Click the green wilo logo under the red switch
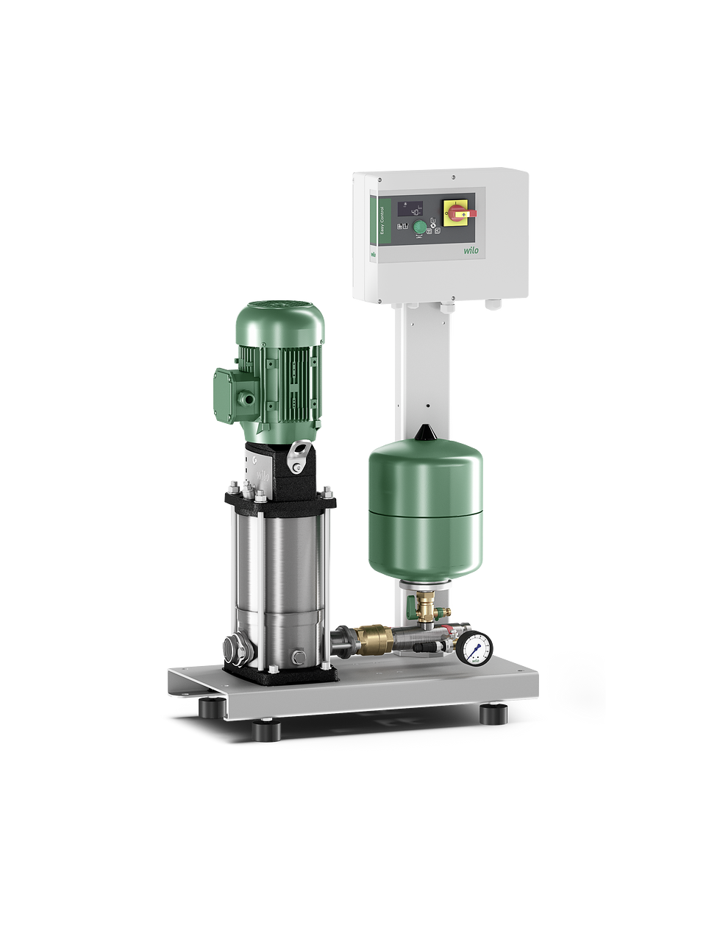(x=471, y=250)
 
